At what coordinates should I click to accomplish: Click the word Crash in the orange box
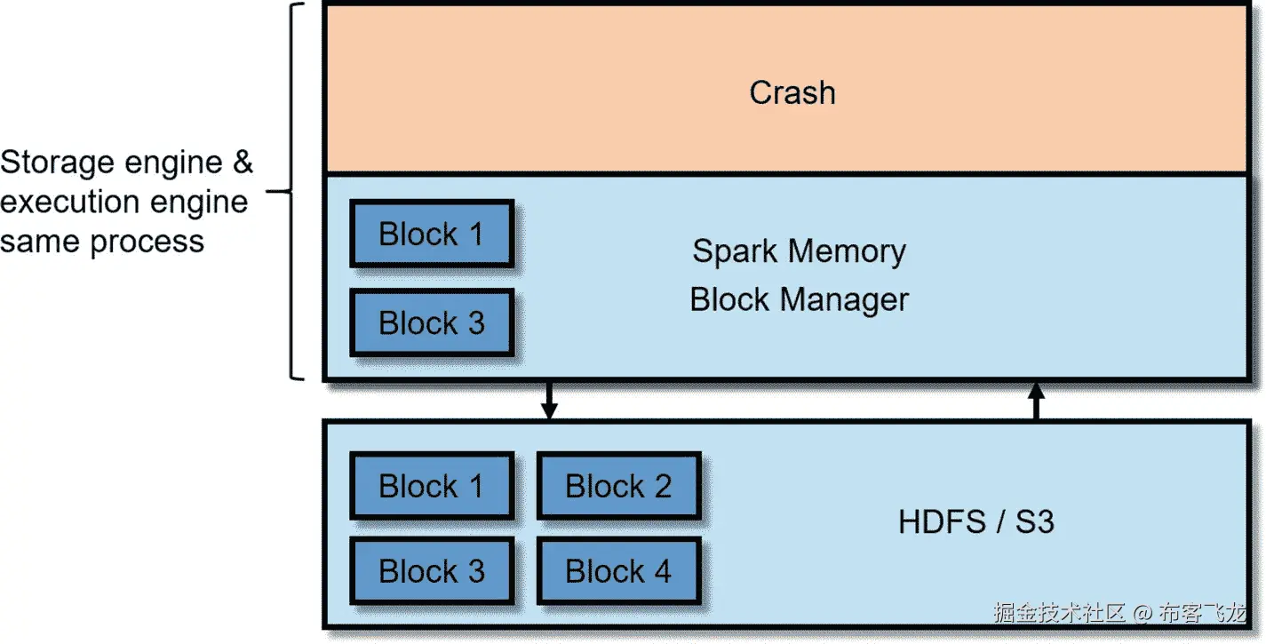point(792,93)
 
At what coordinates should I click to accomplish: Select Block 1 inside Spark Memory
point(432,235)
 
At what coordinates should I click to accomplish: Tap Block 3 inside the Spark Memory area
point(432,322)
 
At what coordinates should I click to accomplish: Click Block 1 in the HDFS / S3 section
point(432,486)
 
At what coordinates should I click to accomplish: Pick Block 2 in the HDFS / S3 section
point(618,486)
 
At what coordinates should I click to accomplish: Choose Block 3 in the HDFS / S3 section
point(432,571)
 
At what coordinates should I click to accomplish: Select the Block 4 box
point(618,571)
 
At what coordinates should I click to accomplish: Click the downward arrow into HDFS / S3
point(549,402)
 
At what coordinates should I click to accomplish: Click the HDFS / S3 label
point(975,521)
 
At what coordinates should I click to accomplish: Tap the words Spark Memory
point(799,251)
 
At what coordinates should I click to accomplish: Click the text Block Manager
point(799,300)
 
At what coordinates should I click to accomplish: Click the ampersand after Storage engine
point(242,163)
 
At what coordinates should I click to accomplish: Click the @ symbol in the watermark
point(1143,613)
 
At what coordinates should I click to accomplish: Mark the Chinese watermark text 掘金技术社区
point(1059,613)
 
